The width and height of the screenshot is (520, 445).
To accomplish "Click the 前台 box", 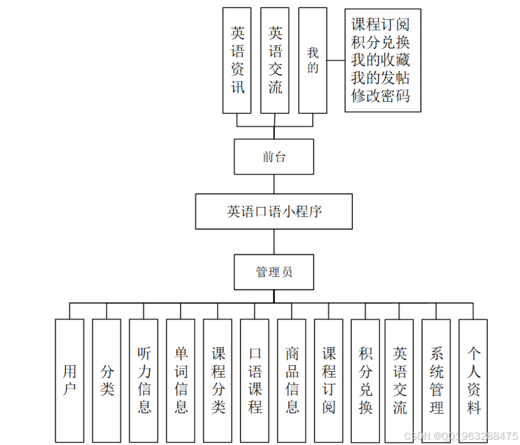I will pos(274,156).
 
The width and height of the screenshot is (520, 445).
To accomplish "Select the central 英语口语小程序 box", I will pos(274,211).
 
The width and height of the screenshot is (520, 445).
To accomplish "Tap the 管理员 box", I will pos(274,271).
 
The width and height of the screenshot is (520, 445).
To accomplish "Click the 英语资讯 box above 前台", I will pos(237,60).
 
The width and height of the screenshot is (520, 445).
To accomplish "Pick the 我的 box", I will pos(313,60).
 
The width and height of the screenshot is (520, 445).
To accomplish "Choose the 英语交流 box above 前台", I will pos(275,60).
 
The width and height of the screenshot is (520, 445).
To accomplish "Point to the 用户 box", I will pos(69,380).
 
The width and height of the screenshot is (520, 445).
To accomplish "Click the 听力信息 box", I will pos(144,380).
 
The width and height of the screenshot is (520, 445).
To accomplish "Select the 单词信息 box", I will pos(181,380).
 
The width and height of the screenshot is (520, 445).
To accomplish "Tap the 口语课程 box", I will pos(255,380).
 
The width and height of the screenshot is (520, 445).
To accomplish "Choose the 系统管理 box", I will pos(436,380).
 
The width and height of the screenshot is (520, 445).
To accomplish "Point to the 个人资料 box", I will pos(474,380).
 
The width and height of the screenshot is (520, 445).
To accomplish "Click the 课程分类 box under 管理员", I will pos(218,380).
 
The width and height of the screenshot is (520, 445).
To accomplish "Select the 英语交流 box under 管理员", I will pos(399,380).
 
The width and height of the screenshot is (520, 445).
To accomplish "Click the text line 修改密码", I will pos(380,95).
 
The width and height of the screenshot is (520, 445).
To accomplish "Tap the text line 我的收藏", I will pos(380,60).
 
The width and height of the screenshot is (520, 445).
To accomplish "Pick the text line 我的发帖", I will pos(380,77).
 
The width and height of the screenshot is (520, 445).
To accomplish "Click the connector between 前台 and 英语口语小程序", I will pos(274,184).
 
